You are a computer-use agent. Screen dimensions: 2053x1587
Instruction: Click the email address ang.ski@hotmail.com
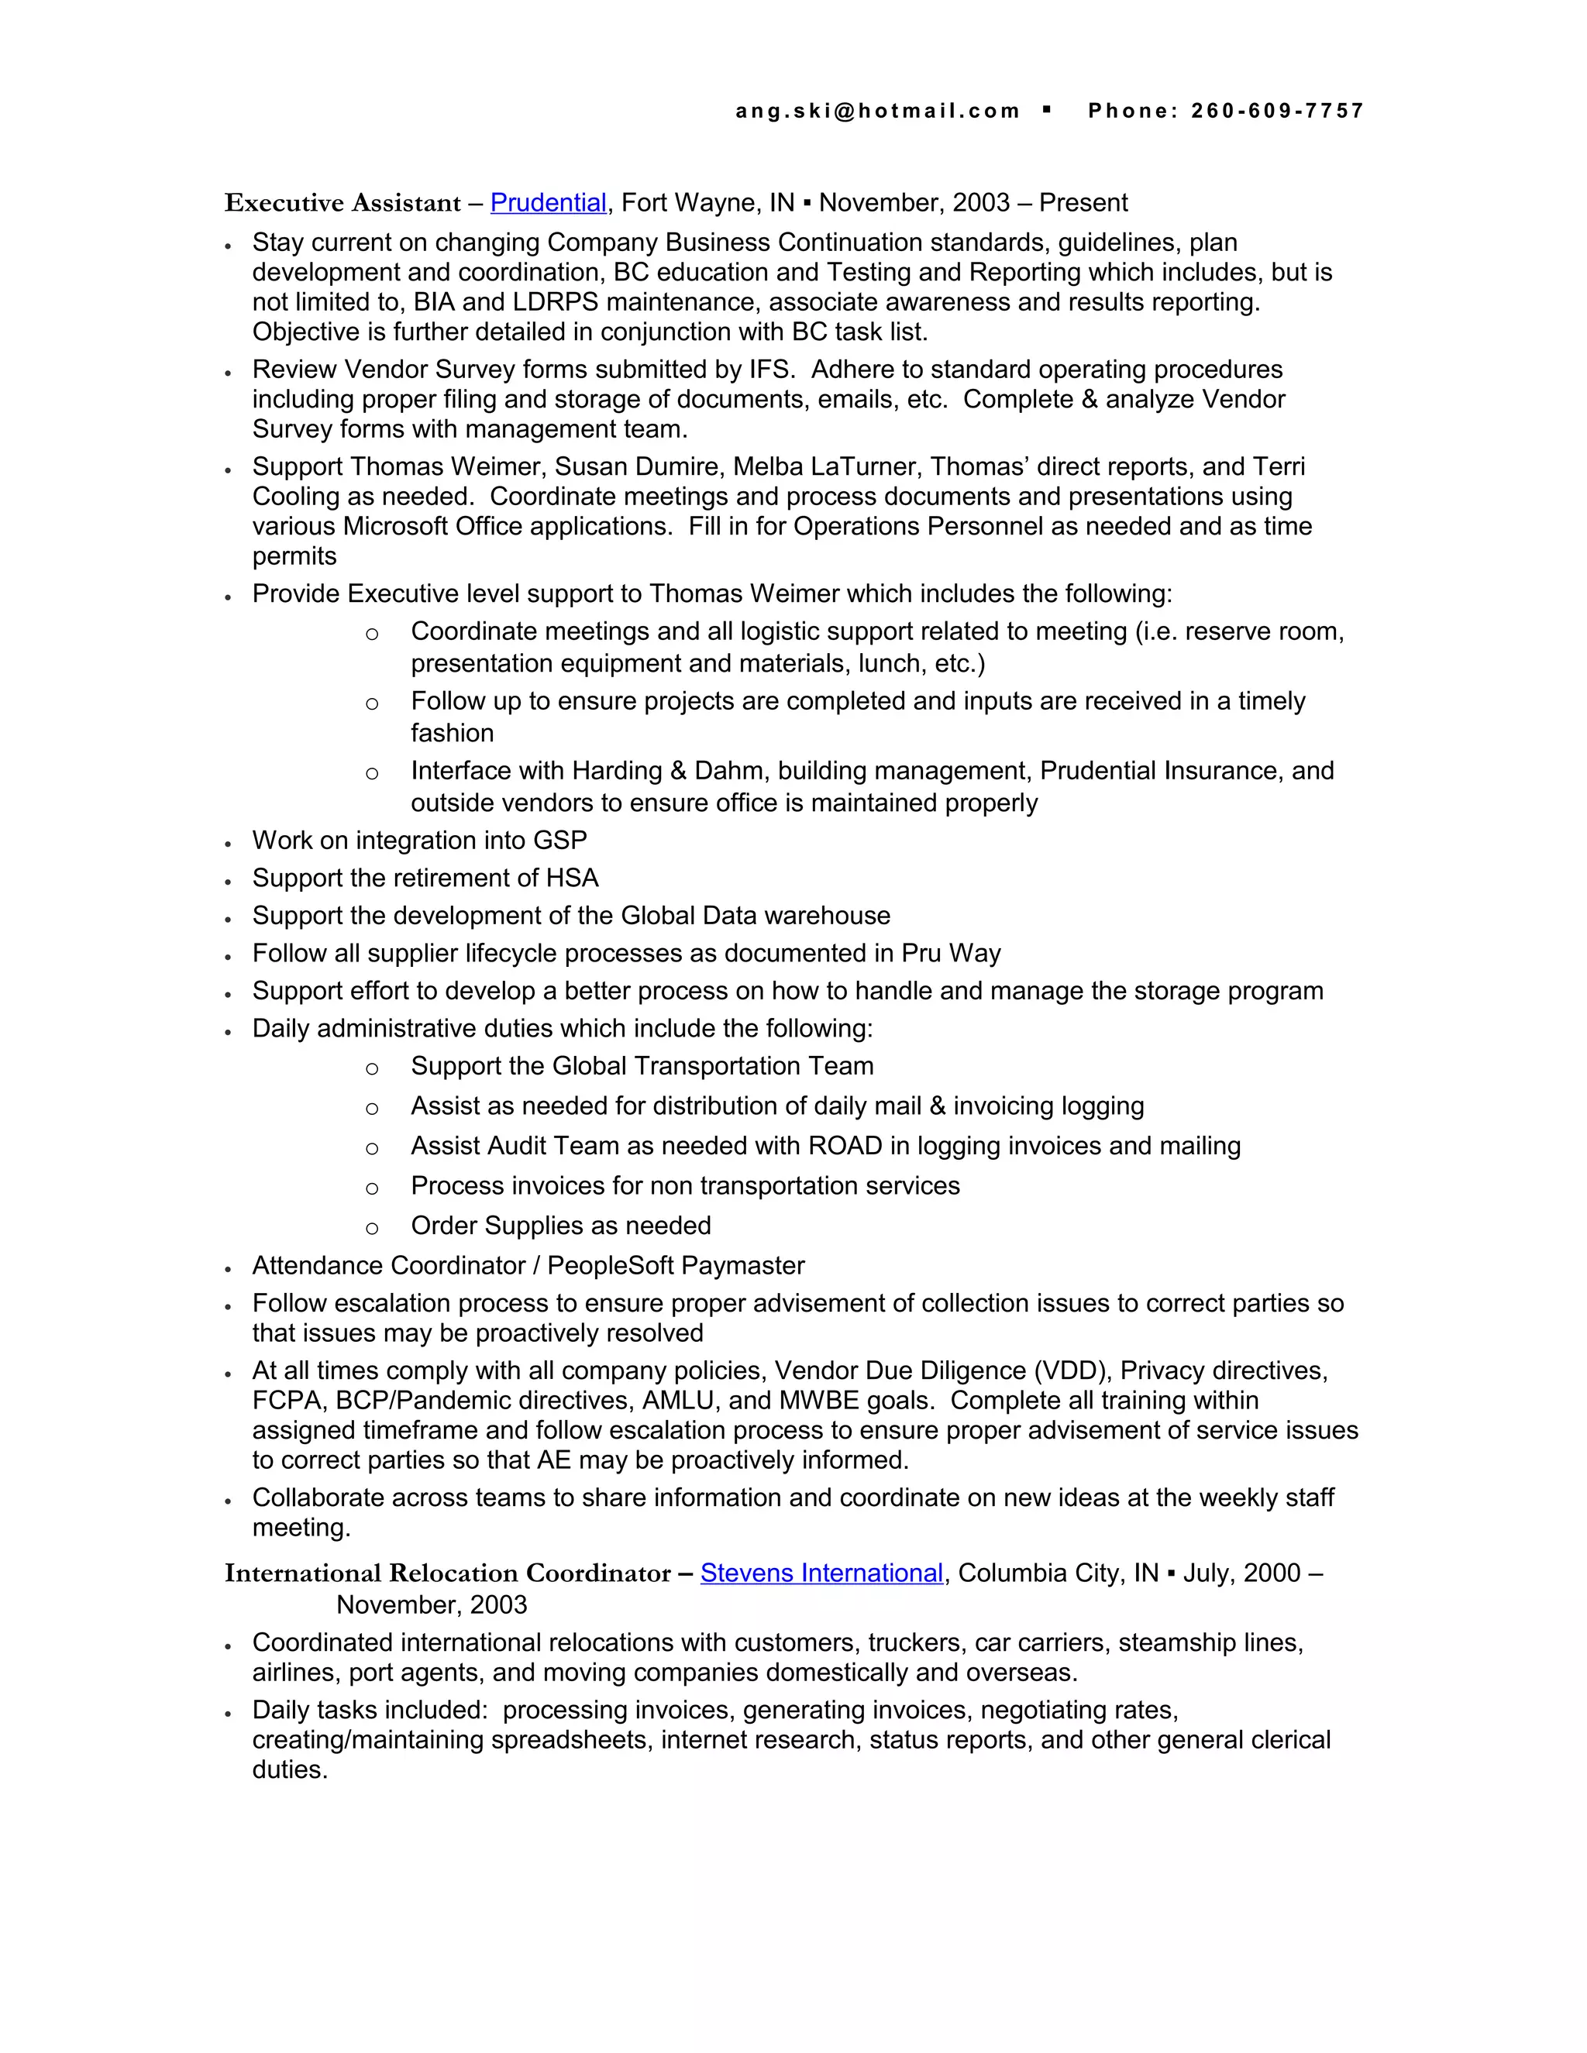tap(876, 111)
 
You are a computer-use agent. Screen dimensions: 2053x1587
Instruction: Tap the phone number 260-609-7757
tap(1277, 111)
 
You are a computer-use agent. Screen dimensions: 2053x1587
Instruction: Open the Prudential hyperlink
tap(548, 203)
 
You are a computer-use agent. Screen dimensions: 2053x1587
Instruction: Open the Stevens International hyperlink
tap(821, 1573)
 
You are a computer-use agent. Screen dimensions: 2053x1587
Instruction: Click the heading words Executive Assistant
tap(343, 203)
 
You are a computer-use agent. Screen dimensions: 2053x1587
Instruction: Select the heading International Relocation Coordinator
tap(448, 1573)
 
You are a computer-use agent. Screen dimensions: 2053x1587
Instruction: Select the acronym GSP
tap(560, 841)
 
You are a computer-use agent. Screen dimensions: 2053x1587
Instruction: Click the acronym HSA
tap(572, 878)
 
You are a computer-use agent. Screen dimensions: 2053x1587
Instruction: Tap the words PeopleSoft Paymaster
tap(675, 1266)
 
